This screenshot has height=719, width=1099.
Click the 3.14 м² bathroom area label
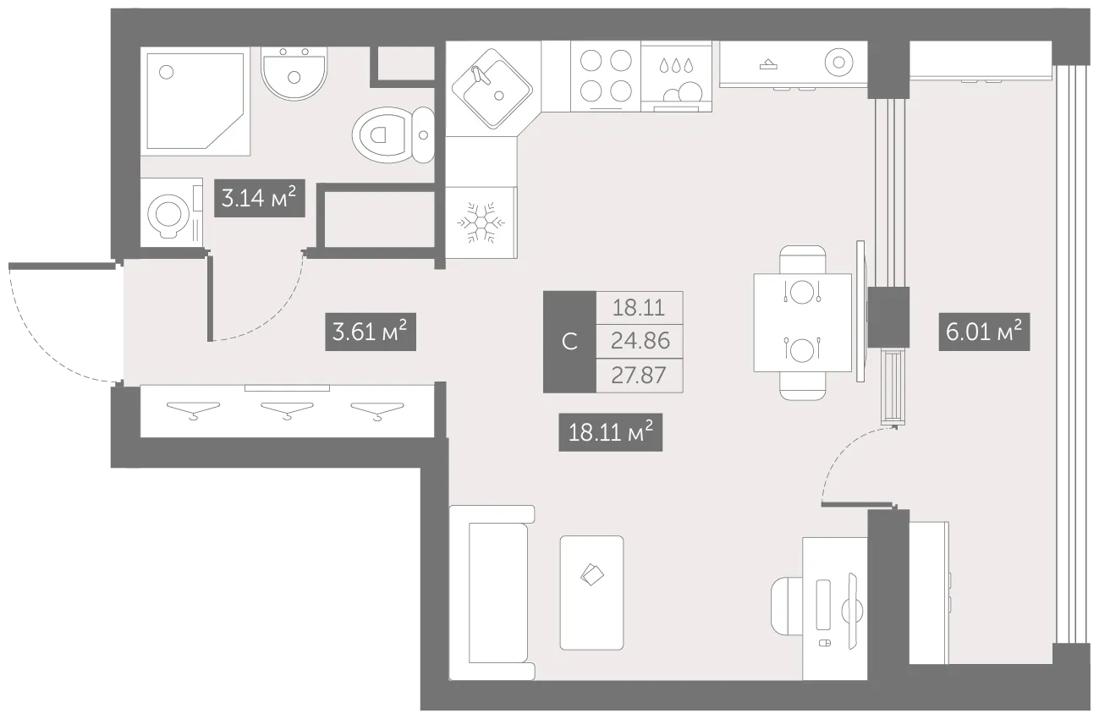pyautogui.click(x=260, y=198)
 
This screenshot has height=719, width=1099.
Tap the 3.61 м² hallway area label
pyautogui.click(x=371, y=332)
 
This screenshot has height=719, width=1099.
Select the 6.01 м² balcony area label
pyautogui.click(x=984, y=332)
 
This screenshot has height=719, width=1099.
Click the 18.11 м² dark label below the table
pyautogui.click(x=610, y=432)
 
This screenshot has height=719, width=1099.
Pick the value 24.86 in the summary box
pyautogui.click(x=640, y=341)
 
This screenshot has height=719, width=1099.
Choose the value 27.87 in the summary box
pyautogui.click(x=639, y=376)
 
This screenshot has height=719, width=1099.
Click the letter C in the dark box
pyautogui.click(x=569, y=342)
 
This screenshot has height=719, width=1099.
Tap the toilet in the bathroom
pyautogui.click(x=393, y=134)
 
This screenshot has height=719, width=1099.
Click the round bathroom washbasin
pyautogui.click(x=294, y=73)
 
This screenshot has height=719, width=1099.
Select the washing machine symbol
pyautogui.click(x=172, y=213)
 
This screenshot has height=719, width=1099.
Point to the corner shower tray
pyautogui.click(x=195, y=101)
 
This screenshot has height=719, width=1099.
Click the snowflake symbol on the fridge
pyautogui.click(x=481, y=222)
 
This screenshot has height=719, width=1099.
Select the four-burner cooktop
pyautogui.click(x=606, y=76)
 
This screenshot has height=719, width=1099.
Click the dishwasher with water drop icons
pyautogui.click(x=676, y=76)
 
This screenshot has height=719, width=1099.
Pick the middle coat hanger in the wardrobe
pyautogui.click(x=287, y=410)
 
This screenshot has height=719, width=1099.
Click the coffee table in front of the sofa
pyautogui.click(x=591, y=593)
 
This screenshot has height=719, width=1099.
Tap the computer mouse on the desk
pyautogui.click(x=825, y=643)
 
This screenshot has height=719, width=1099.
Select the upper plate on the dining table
pyautogui.click(x=802, y=292)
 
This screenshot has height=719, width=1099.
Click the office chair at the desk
pyautogui.click(x=787, y=606)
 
